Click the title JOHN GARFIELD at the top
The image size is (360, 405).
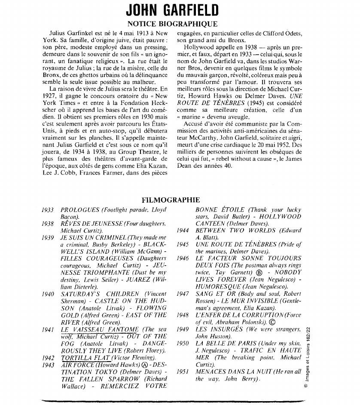173,10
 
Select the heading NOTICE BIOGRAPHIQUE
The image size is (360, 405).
173,24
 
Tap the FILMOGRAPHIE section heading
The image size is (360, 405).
171,199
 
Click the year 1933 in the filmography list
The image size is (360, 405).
48,210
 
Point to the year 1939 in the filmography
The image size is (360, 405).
48,237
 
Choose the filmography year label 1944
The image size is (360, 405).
183,230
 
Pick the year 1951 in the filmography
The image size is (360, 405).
183,371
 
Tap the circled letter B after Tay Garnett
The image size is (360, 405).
259,272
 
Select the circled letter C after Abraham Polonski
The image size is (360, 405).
273,322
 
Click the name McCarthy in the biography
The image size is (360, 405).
205,138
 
